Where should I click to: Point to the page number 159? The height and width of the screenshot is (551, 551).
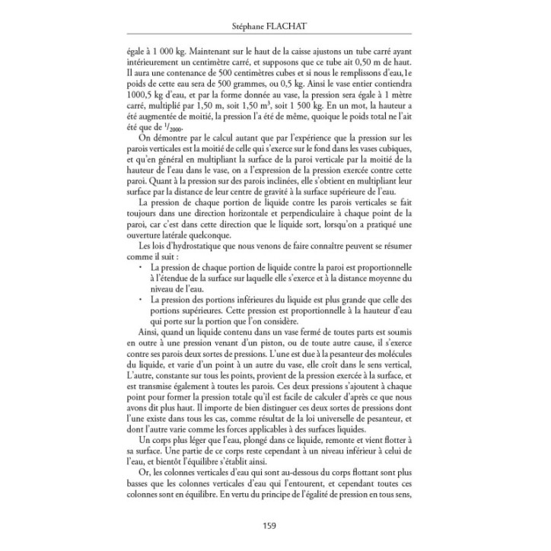click(275, 524)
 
